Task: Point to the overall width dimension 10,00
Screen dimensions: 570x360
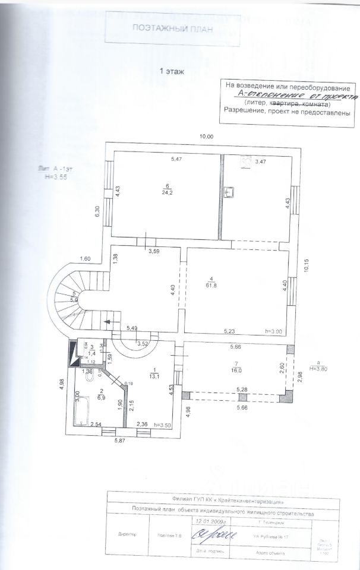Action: (206, 137)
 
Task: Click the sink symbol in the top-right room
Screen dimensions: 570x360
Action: (231, 192)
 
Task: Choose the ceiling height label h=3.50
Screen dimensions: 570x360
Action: (162, 425)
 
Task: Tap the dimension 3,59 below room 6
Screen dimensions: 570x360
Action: (153, 251)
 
